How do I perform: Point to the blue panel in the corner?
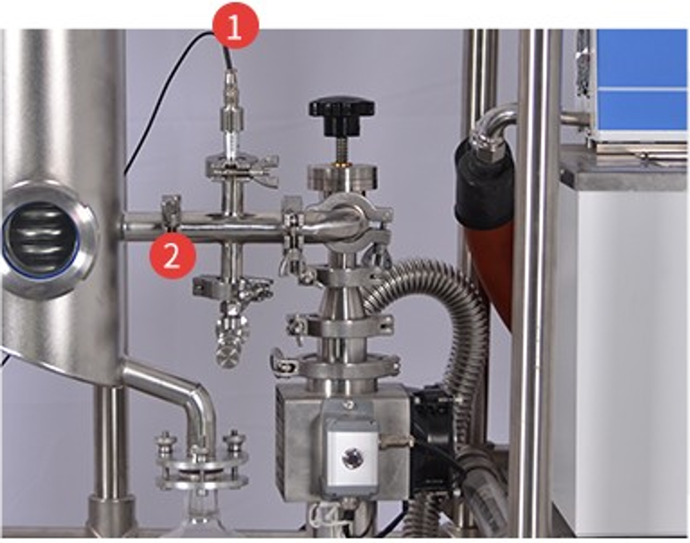tap(642, 79)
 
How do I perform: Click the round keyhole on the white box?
tap(352, 459)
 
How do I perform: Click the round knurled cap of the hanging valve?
tap(227, 355)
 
